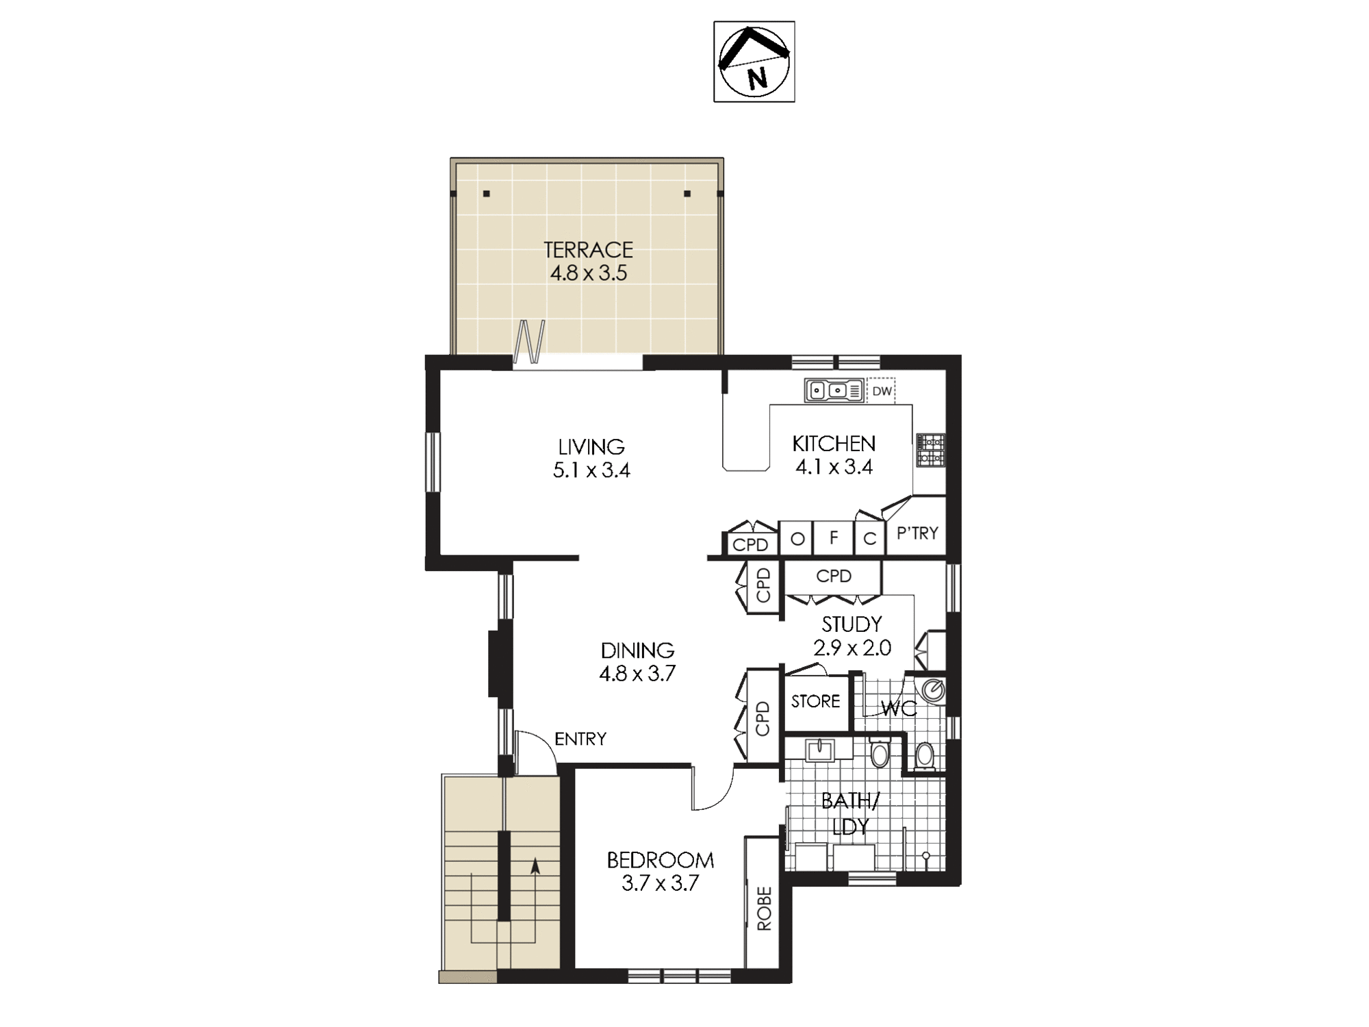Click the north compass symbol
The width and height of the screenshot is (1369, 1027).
pyautogui.click(x=754, y=62)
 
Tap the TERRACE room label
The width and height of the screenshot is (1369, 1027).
pyautogui.click(x=588, y=249)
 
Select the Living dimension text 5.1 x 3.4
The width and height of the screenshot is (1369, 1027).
pyautogui.click(x=591, y=470)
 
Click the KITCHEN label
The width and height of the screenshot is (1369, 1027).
pyautogui.click(x=834, y=444)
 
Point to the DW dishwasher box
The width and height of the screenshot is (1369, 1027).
pyautogui.click(x=882, y=391)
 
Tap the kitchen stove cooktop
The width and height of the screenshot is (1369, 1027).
pyautogui.click(x=931, y=450)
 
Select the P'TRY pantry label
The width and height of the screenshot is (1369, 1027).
pyautogui.click(x=917, y=533)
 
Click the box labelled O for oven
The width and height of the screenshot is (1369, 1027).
pyautogui.click(x=797, y=538)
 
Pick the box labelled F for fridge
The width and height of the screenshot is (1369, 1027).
pyautogui.click(x=834, y=538)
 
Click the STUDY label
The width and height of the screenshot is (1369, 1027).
pyautogui.click(x=852, y=624)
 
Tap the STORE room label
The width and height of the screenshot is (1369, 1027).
pyautogui.click(x=815, y=701)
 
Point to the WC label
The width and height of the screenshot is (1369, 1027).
pyautogui.click(x=899, y=709)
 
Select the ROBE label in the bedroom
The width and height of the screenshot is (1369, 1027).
pyautogui.click(x=764, y=909)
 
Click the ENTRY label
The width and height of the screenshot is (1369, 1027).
pyautogui.click(x=580, y=739)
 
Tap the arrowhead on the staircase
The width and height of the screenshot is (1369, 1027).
pyautogui.click(x=535, y=866)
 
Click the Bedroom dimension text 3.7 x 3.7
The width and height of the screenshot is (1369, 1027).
pyautogui.click(x=660, y=883)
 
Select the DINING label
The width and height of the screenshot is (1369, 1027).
pyautogui.click(x=637, y=650)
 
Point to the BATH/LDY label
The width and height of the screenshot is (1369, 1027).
pyautogui.click(x=850, y=813)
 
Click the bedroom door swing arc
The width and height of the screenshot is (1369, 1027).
pyautogui.click(x=719, y=798)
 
